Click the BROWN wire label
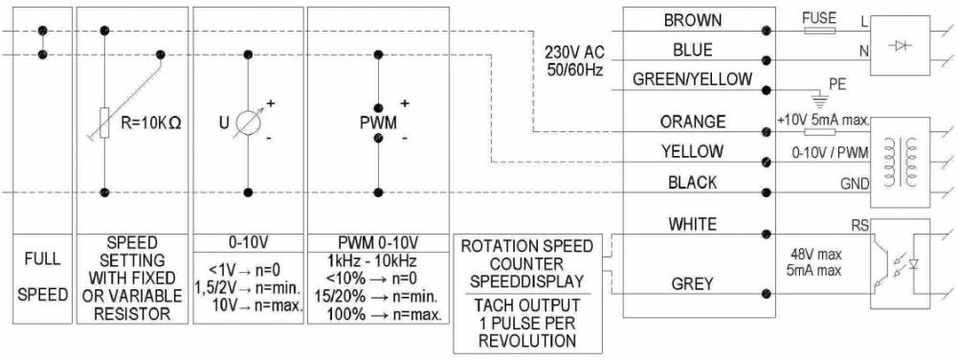coord(691,21)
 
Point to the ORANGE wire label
coord(691,123)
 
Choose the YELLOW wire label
coord(691,151)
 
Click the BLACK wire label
coord(691,182)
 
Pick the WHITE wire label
coord(691,224)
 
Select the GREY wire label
coord(691,282)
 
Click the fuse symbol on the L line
coord(821,31)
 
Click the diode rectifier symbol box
coord(901,45)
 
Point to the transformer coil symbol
coord(901,155)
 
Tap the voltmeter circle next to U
coord(249,123)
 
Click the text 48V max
coord(812,255)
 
